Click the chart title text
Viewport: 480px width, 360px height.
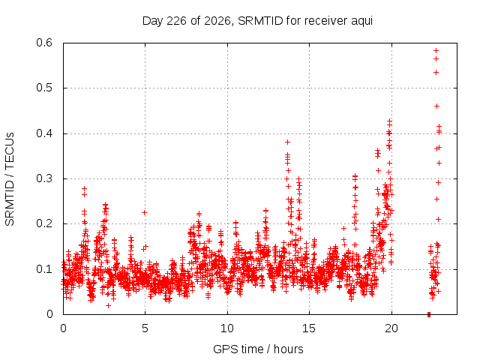point(257,21)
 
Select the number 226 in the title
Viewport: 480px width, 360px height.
point(176,21)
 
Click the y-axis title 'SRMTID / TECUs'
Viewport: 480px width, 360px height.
point(10,179)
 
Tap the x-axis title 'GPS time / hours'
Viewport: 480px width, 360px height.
point(258,349)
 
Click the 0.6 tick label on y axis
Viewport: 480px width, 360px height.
point(44,43)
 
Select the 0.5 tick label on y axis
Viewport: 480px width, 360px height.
point(44,88)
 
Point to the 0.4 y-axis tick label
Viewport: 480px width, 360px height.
point(44,133)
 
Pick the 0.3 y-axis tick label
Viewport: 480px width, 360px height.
point(44,178)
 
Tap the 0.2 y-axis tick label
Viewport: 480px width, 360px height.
point(44,223)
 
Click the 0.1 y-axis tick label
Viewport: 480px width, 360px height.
point(44,269)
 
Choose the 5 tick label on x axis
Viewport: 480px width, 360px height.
point(145,328)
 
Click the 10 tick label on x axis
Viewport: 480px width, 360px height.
point(227,328)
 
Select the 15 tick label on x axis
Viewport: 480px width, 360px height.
point(309,328)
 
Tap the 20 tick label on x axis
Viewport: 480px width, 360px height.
point(391,328)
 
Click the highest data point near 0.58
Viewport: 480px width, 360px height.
point(436,50)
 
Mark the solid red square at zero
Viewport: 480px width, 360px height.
point(429,314)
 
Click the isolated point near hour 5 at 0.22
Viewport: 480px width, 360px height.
point(144,212)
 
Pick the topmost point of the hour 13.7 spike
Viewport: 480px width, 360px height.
point(287,142)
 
